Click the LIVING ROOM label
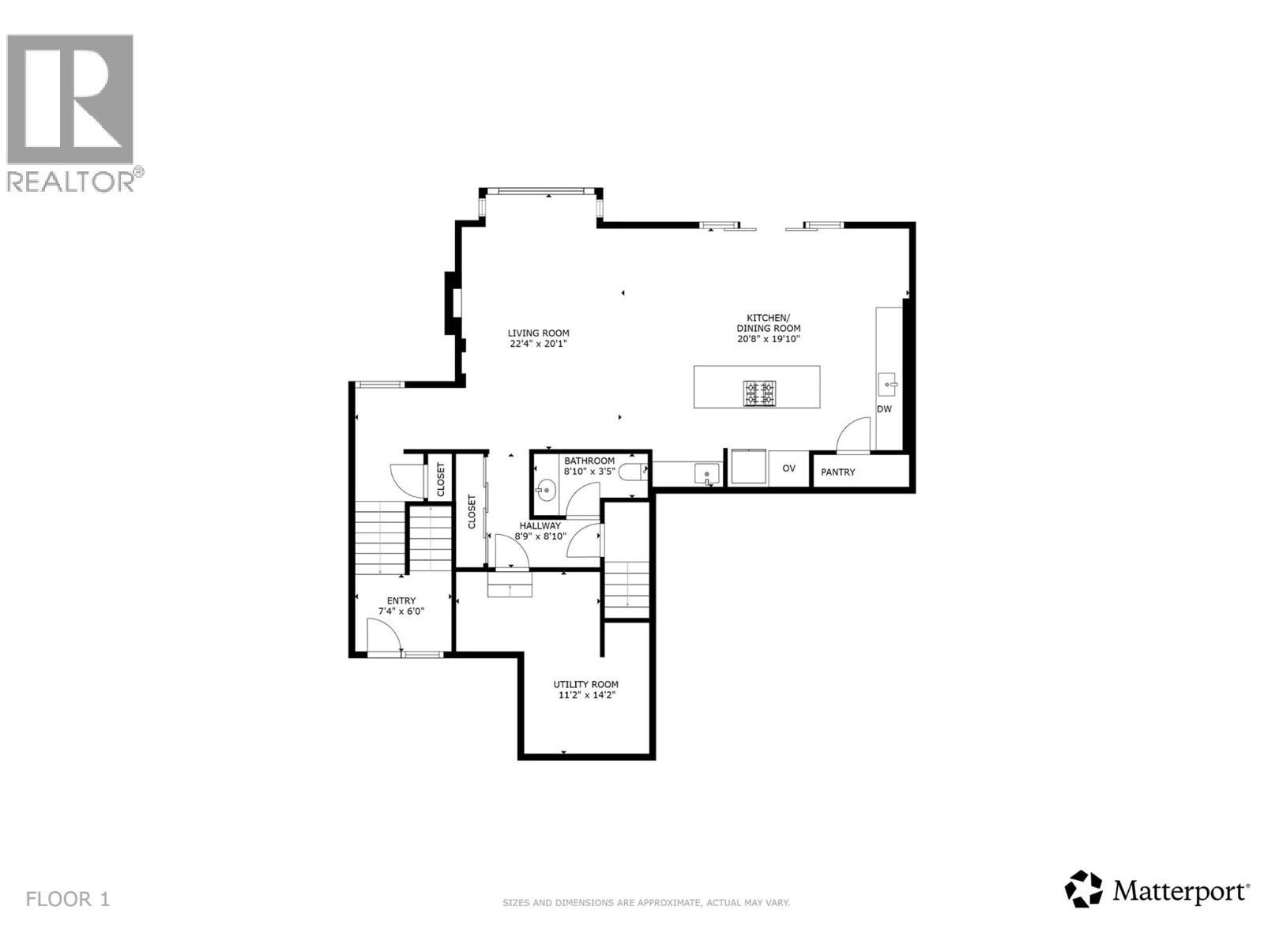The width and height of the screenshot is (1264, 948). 538,333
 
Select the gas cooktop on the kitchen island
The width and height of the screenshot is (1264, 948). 758,393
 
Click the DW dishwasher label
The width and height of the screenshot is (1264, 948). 884,409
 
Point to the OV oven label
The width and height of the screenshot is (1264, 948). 788,468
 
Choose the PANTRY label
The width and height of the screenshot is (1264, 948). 837,472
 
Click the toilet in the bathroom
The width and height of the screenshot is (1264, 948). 633,472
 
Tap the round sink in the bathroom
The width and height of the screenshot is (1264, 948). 546,491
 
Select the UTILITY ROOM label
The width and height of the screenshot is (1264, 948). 585,684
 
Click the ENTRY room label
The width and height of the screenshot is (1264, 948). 401,600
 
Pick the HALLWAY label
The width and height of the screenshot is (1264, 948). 540,525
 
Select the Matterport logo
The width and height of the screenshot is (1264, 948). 1157,891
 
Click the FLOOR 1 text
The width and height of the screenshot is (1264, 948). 68,899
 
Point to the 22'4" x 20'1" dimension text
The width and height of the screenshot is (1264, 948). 538,344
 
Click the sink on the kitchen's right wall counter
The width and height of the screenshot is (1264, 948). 887,385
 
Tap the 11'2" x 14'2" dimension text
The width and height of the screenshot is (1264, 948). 585,695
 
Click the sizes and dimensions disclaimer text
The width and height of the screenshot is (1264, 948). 646,902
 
